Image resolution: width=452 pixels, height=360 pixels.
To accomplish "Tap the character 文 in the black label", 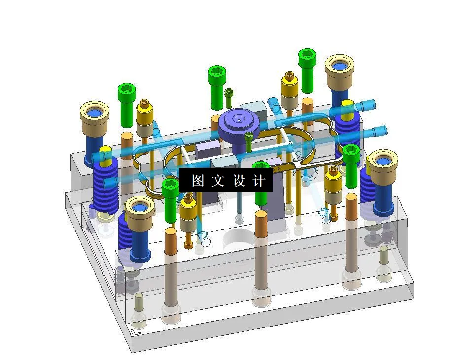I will coord(217,180).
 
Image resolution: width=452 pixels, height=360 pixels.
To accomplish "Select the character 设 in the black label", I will coord(239,180).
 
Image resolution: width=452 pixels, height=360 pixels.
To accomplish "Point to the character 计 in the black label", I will coord(259,180).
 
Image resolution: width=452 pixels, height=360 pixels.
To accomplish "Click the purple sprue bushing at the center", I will coord(239,120).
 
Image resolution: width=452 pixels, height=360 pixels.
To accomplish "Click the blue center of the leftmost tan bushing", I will coord(95,113).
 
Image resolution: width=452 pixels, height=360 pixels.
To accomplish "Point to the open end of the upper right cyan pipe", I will coord(371,104).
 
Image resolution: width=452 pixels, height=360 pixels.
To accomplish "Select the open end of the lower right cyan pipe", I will coord(383,131).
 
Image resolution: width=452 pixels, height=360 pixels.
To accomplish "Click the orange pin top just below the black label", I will coord(260,216).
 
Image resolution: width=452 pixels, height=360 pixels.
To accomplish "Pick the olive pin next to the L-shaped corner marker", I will coord(139,297).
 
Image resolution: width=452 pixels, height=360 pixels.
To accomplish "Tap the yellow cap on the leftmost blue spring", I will coord(105,150).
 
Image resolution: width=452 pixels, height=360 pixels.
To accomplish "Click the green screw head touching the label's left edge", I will coord(170,185).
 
